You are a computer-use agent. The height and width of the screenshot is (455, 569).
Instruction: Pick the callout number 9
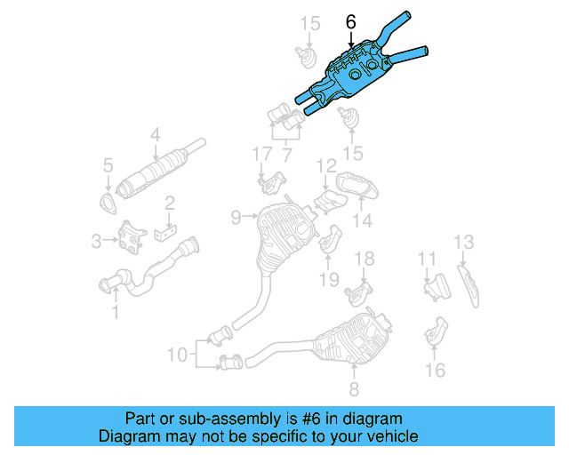coord(236,216)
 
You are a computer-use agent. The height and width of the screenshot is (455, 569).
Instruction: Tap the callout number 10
coord(178,355)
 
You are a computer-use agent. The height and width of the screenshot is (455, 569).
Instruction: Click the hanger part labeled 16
coord(437,332)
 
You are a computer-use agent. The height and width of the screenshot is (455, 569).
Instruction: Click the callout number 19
coord(329,279)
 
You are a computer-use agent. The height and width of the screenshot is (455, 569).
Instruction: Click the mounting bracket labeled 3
coord(133,239)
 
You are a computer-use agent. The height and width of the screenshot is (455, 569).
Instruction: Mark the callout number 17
coord(260,155)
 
